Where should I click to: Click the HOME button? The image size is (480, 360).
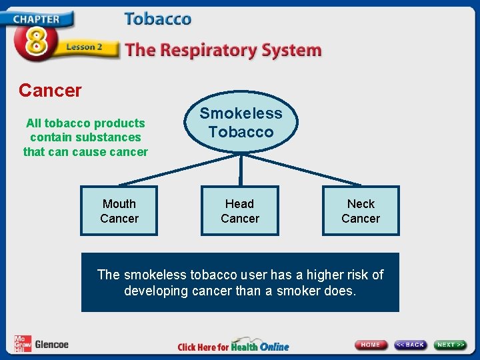(371, 345)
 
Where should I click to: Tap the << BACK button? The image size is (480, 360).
(411, 345)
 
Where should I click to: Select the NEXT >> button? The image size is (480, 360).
(451, 345)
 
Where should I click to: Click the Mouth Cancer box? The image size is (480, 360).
(119, 211)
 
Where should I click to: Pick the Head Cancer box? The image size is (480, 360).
(240, 211)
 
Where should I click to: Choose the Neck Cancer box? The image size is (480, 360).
(361, 211)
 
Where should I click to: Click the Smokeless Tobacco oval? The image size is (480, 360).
(241, 123)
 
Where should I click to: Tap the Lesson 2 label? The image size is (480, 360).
(84, 47)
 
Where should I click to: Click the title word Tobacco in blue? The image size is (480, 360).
(158, 19)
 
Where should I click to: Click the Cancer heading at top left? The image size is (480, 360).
(50, 90)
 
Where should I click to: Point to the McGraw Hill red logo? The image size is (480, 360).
(23, 344)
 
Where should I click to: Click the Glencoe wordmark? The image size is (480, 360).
(51, 345)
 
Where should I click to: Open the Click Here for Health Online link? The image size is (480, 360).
(233, 346)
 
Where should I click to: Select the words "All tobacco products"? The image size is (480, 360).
(85, 123)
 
